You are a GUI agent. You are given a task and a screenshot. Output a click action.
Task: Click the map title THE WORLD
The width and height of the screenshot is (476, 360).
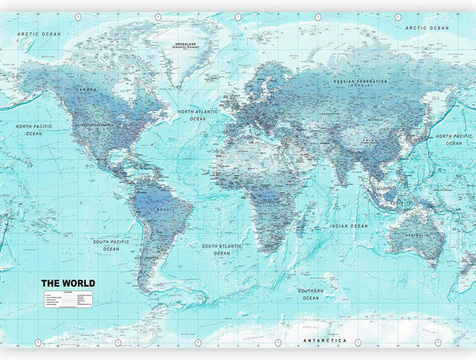click(68, 283)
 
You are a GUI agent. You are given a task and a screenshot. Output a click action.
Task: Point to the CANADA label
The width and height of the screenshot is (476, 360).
click(88, 89)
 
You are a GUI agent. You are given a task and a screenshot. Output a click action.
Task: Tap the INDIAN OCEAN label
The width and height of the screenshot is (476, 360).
click(348, 226)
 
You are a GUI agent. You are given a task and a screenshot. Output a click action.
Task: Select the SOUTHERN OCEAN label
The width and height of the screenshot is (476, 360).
click(311, 294)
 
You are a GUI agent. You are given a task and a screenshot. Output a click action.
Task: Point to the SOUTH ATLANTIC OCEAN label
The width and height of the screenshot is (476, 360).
click(221, 249)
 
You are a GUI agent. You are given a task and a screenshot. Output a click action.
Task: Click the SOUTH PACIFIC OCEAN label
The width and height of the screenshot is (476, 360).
click(111, 245)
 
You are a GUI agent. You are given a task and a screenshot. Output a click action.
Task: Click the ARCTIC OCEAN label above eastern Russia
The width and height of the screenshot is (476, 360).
click(427, 28)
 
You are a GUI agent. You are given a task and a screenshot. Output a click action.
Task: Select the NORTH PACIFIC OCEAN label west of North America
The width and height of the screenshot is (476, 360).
click(34, 130)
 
